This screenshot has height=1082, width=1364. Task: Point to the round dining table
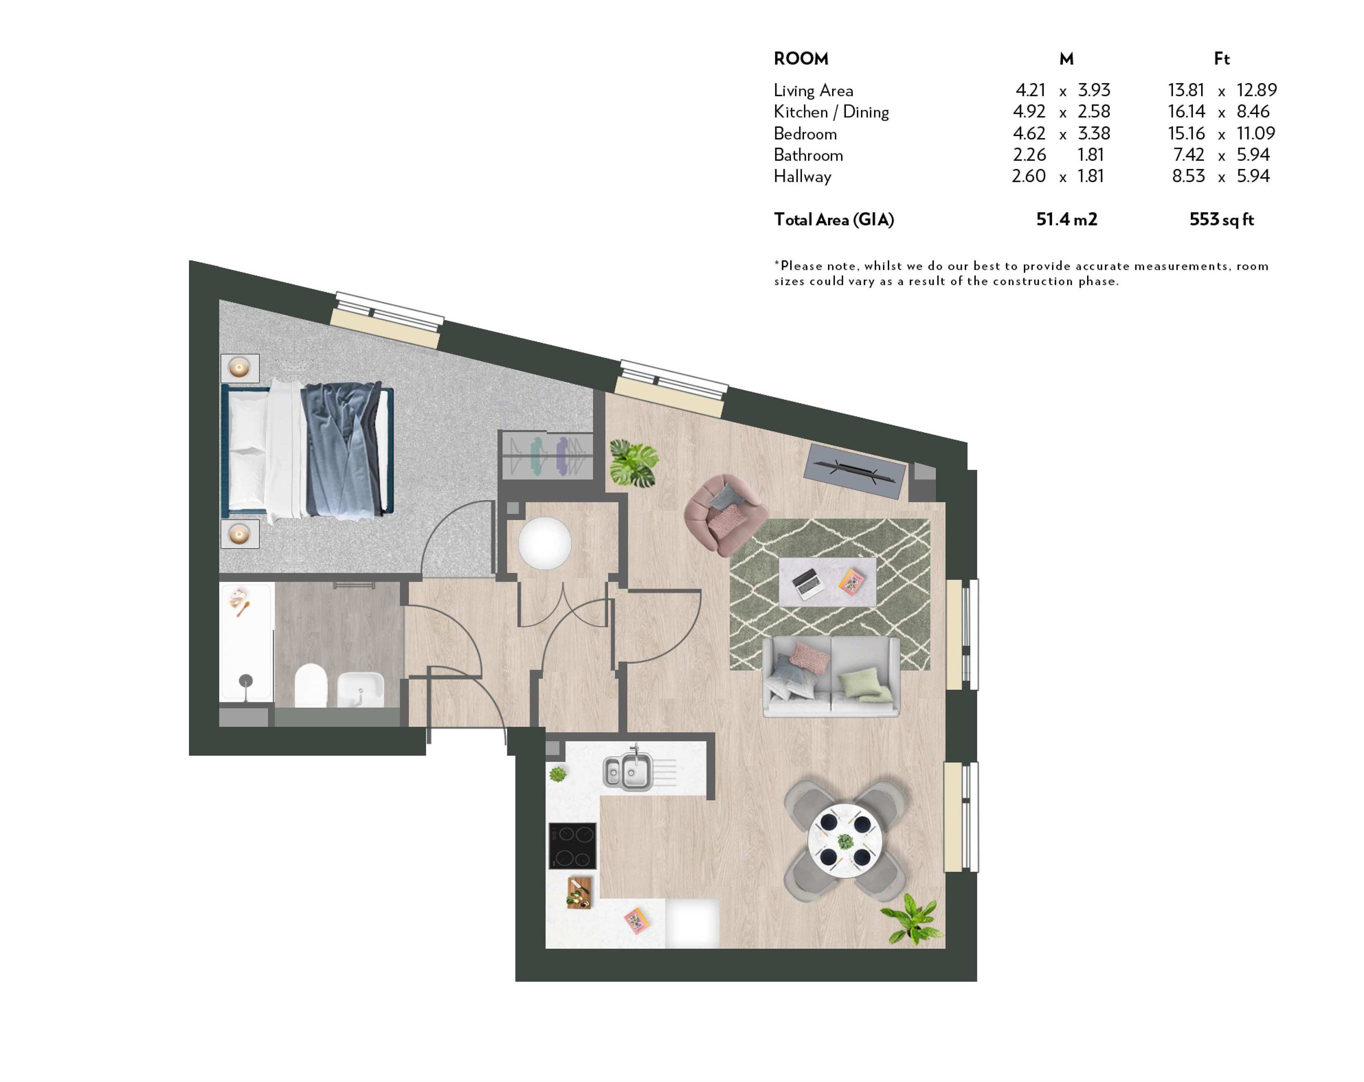pyautogui.click(x=845, y=841)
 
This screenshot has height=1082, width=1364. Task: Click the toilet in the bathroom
pyautogui.click(x=311, y=685)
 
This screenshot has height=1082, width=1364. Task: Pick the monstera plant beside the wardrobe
pyautogui.click(x=633, y=464)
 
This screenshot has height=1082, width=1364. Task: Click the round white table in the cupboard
pyautogui.click(x=545, y=543)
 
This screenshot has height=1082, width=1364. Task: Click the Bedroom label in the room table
pyautogui.click(x=805, y=133)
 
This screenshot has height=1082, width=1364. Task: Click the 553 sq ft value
pyautogui.click(x=1221, y=219)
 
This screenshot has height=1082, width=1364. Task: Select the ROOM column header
pyautogui.click(x=801, y=59)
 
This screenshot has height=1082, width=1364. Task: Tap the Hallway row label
pyautogui.click(x=802, y=176)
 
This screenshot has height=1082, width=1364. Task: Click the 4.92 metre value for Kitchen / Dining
pyautogui.click(x=1029, y=111)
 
